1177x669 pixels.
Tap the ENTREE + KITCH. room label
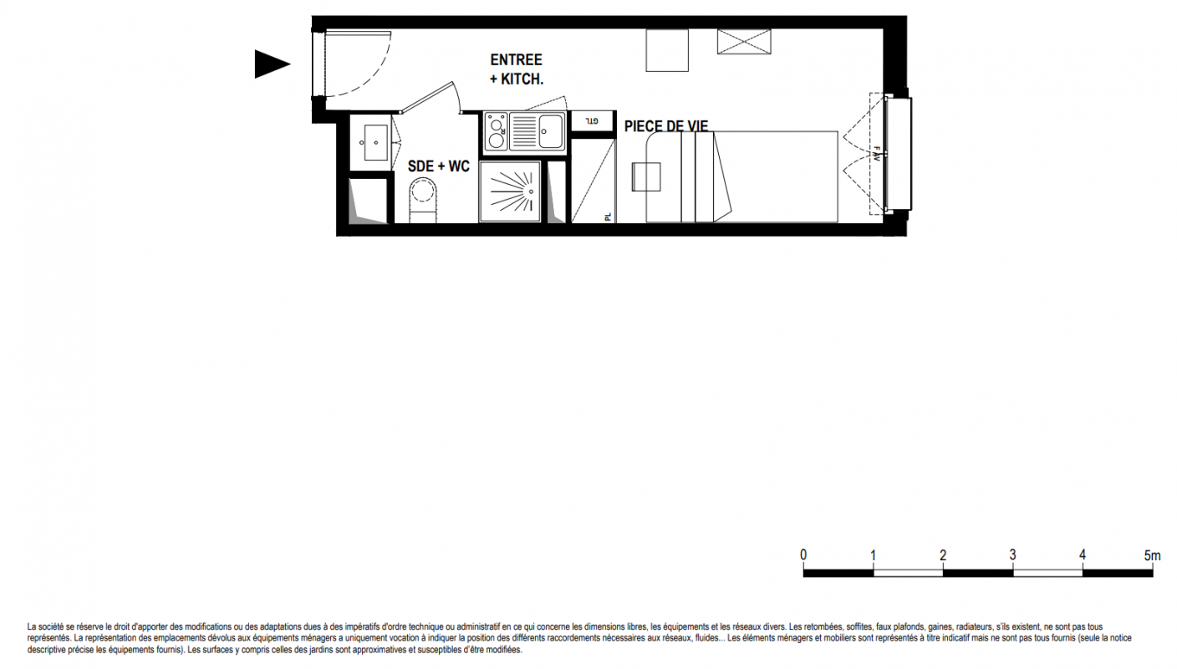[x=516, y=69]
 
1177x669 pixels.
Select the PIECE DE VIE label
[x=666, y=126]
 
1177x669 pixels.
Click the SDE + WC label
[x=439, y=166]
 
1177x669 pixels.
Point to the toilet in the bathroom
[x=423, y=200]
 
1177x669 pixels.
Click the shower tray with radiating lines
[x=510, y=192]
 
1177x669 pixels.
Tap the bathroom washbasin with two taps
[x=375, y=142]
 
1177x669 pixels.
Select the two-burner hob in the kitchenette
[x=496, y=131]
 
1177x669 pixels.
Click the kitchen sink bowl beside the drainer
[x=550, y=131]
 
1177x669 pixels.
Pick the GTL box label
[x=592, y=121]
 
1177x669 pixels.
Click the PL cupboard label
[x=608, y=217]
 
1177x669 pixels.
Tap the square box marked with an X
[x=744, y=42]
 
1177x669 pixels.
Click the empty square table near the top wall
[x=667, y=50]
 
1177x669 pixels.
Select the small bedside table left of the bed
[x=646, y=176]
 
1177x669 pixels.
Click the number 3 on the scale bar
[x=1012, y=555]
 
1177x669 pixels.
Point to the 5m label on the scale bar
[x=1152, y=555]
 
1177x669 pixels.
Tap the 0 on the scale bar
[x=803, y=555]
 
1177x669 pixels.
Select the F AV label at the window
[x=876, y=154]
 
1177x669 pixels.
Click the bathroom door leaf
[x=426, y=97]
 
